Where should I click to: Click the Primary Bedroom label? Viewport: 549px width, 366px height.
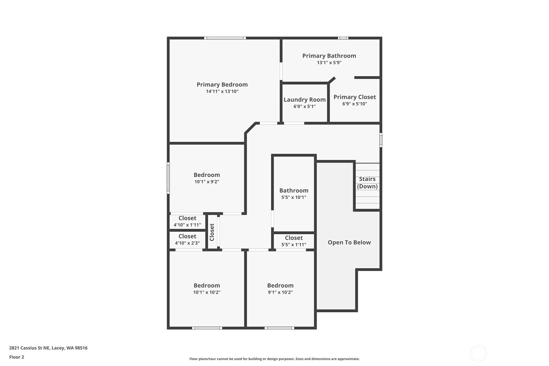tap(222, 84)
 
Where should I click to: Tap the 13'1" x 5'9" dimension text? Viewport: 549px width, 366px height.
tap(329, 62)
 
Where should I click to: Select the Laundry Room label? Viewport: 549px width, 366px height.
tap(305, 100)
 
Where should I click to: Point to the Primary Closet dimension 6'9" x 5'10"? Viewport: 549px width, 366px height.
tap(355, 104)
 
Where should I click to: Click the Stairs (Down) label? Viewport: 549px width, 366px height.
tap(367, 183)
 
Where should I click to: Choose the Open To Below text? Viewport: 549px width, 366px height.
tap(349, 242)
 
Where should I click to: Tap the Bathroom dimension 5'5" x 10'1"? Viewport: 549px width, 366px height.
tap(294, 197)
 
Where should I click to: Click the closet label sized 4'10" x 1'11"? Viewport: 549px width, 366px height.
tap(187, 218)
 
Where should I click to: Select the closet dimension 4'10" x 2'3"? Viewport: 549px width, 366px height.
tap(187, 243)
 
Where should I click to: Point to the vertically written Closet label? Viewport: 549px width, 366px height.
tap(212, 232)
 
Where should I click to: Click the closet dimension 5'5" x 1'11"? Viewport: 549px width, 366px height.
tap(294, 244)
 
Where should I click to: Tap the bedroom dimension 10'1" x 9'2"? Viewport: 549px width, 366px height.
tap(207, 182)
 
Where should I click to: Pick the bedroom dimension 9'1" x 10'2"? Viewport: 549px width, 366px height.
tap(280, 292)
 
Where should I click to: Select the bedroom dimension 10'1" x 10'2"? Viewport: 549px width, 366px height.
tap(207, 292)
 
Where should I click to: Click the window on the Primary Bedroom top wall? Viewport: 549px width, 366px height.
tap(225, 38)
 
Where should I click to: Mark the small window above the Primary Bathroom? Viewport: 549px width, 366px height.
tap(343, 38)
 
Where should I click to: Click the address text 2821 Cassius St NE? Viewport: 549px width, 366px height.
tap(29, 348)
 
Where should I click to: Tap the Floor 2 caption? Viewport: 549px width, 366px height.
tap(17, 357)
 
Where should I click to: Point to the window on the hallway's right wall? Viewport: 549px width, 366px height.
tap(381, 140)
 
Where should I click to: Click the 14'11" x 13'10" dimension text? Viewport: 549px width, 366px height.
tap(222, 92)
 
